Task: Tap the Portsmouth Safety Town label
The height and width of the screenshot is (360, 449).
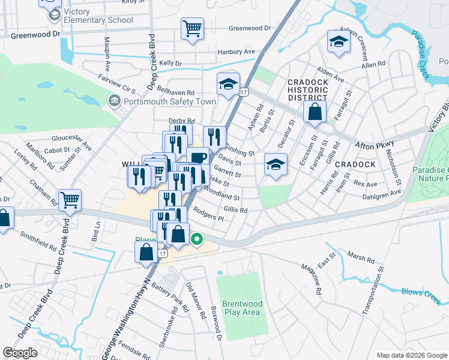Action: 169,101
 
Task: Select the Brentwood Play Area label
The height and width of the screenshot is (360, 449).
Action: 241,308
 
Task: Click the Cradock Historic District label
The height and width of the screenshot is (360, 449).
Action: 307,90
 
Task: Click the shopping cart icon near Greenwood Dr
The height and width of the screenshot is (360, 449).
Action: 192,28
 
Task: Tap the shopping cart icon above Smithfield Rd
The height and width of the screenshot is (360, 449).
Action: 70,200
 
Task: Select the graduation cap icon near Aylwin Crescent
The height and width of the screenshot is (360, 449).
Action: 339,42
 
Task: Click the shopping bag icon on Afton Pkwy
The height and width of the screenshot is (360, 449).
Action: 315,111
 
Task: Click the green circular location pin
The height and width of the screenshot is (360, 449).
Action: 196,240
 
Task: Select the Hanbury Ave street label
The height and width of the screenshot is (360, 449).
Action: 237,52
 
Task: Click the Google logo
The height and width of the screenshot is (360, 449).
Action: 20,353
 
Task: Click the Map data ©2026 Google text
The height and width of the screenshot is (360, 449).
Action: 411,355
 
